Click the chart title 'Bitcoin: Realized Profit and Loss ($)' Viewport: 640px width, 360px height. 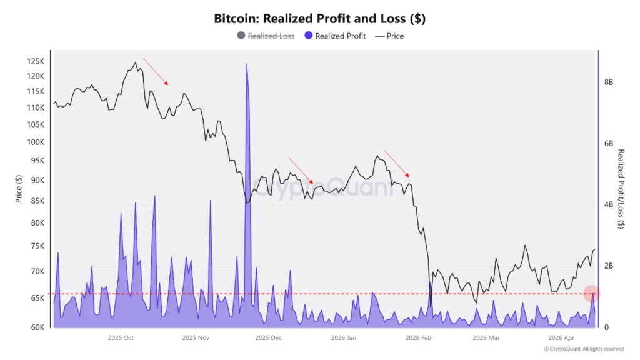click(x=319, y=18)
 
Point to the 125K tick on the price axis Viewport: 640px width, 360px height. click(x=36, y=61)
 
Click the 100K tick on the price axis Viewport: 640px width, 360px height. click(x=36, y=142)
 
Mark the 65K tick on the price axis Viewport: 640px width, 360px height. click(x=37, y=298)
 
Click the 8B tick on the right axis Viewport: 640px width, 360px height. click(x=608, y=82)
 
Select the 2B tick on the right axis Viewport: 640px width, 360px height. click(x=608, y=266)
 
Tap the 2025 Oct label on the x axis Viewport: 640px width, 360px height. click(x=121, y=338)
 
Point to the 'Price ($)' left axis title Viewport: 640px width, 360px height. click(x=19, y=189)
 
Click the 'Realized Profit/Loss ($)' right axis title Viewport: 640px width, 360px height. click(x=621, y=189)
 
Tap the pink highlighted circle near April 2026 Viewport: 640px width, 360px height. click(x=592, y=293)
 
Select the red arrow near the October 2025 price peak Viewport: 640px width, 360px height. click(x=156, y=71)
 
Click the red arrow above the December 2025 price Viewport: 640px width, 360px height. click(x=301, y=170)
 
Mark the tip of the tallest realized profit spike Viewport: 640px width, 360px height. click(x=247, y=64)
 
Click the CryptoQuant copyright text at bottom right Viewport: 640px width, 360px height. click(x=584, y=349)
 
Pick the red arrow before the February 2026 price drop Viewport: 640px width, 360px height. click(x=397, y=164)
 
